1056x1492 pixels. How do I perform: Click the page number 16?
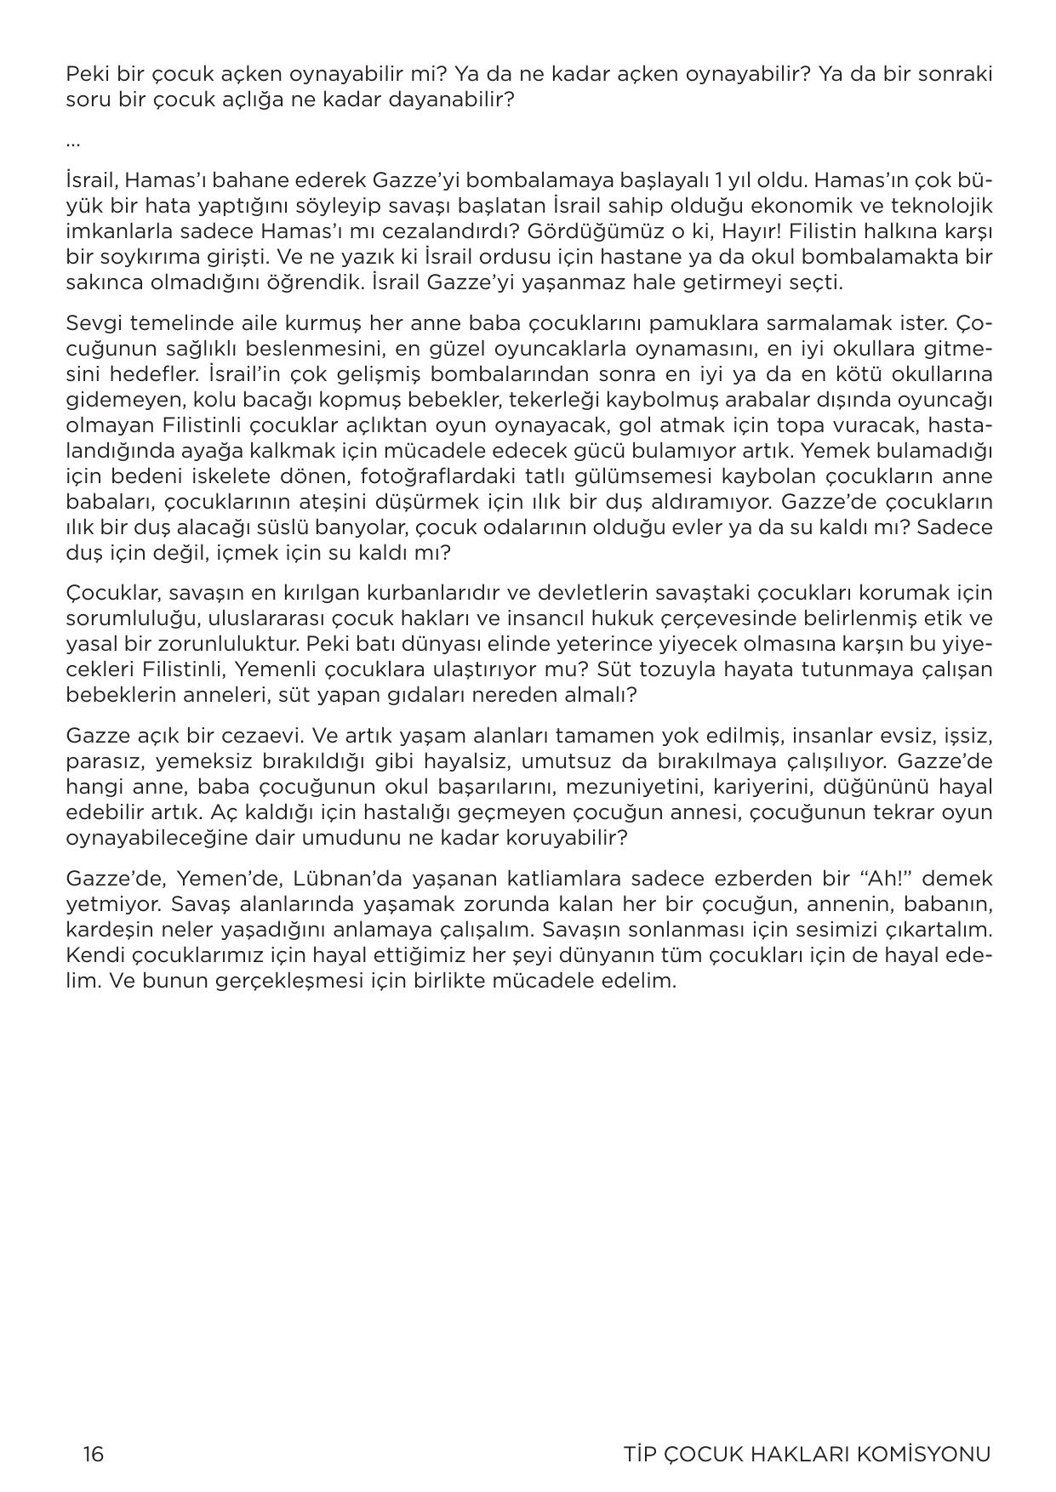click(x=93, y=1454)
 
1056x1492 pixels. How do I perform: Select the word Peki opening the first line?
click(x=83, y=74)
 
